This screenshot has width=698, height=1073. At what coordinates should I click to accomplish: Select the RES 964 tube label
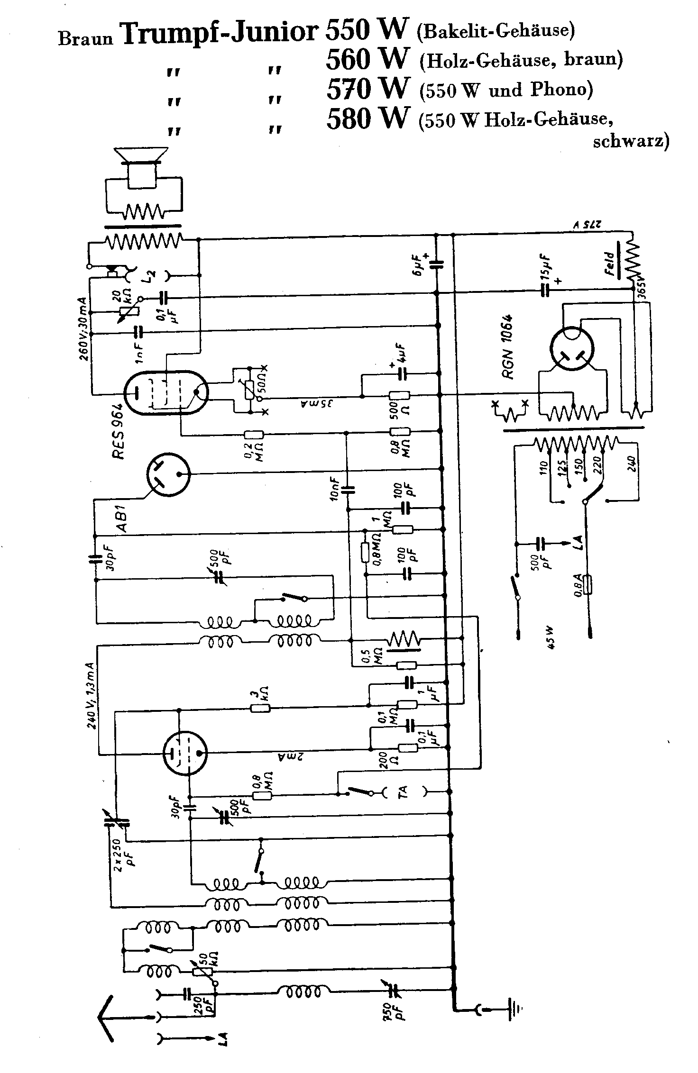click(x=118, y=431)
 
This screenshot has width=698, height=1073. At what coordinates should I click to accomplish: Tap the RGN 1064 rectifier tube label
click(x=509, y=346)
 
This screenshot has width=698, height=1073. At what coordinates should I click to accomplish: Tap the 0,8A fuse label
click(x=578, y=584)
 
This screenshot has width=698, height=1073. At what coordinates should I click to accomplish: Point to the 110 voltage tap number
click(x=543, y=467)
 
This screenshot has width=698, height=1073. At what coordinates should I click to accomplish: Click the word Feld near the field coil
click(x=610, y=264)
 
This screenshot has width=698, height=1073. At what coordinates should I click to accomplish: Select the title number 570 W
click(x=367, y=88)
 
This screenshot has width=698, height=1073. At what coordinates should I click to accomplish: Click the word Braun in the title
click(x=86, y=38)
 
